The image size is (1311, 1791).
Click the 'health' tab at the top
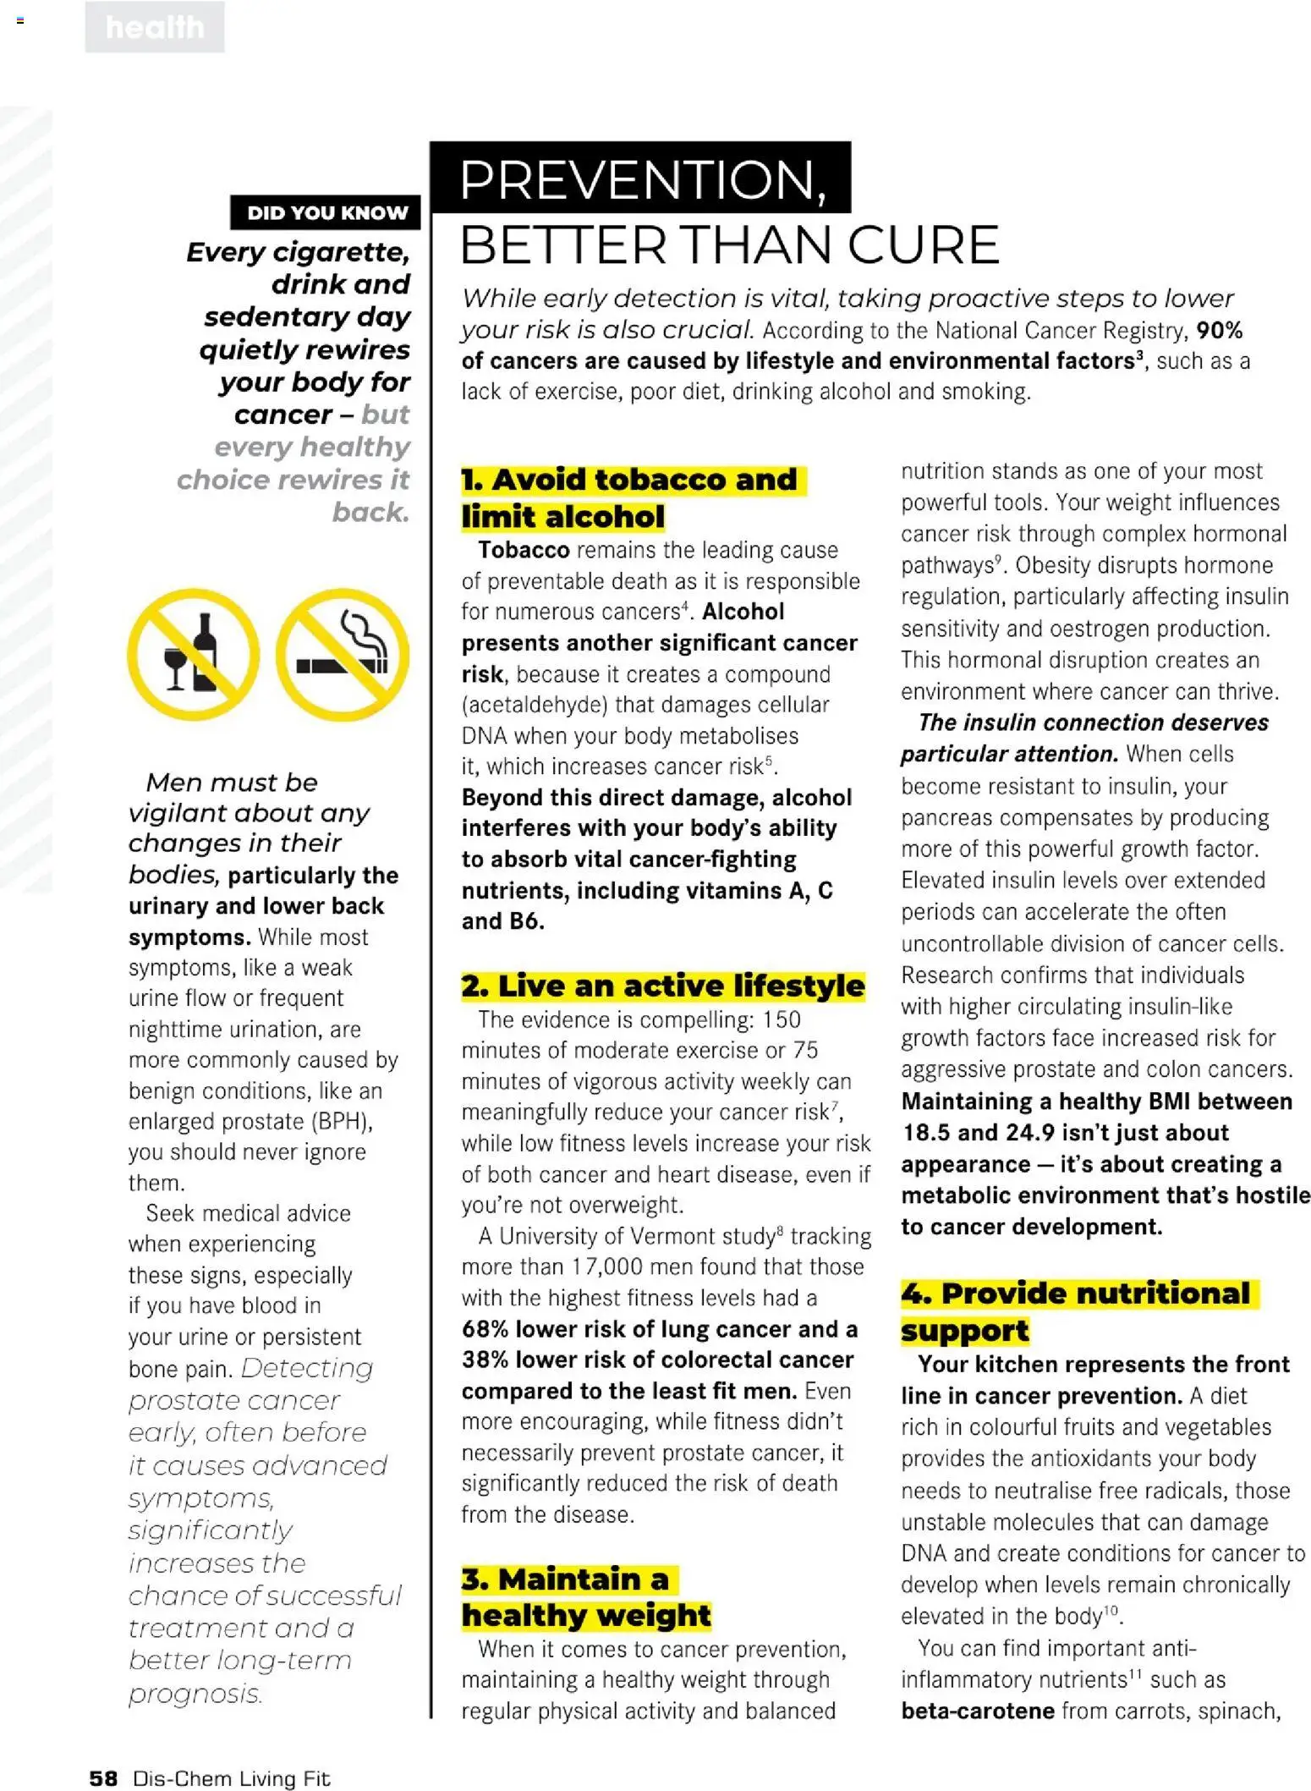tap(155, 28)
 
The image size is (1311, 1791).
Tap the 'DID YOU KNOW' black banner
tap(326, 212)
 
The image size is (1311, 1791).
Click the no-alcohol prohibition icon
tap(194, 654)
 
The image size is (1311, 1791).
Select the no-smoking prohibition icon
tap(343, 654)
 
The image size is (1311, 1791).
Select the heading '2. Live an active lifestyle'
tap(663, 986)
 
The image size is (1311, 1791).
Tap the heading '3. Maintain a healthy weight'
tap(585, 1596)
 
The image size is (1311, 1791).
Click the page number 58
tap(103, 1777)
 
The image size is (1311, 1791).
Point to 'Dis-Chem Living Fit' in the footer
tap(231, 1777)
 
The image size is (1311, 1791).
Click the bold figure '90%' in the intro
tap(1219, 330)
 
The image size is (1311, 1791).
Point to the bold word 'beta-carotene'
tap(977, 1711)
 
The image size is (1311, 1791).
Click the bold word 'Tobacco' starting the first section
tap(524, 550)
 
